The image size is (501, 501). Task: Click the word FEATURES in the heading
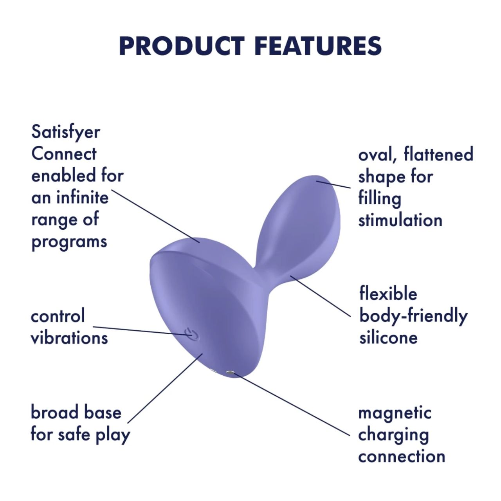(318, 46)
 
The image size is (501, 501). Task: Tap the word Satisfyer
(66, 132)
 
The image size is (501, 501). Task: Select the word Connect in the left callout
(64, 154)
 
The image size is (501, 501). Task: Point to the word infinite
(82, 197)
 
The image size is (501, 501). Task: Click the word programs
(69, 242)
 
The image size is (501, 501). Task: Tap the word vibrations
(69, 338)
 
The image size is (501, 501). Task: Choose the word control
(58, 316)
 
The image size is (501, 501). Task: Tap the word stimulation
(400, 220)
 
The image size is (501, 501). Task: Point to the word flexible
(388, 294)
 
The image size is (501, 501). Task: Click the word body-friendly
(413, 316)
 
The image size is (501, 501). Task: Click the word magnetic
(395, 413)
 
